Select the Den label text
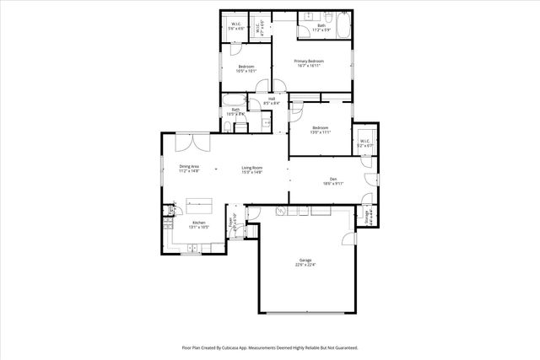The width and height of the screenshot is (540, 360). pyautogui.click(x=332, y=180)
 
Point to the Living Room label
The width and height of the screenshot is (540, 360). pyautogui.click(x=252, y=169)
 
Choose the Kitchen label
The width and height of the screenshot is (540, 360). pyautogui.click(x=198, y=224)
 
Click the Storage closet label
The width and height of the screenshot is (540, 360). pyautogui.click(x=367, y=217)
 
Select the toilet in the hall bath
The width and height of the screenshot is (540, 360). pyautogui.click(x=229, y=127)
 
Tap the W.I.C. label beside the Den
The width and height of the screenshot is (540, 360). pyautogui.click(x=364, y=143)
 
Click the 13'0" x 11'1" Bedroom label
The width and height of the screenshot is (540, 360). pyautogui.click(x=321, y=130)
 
